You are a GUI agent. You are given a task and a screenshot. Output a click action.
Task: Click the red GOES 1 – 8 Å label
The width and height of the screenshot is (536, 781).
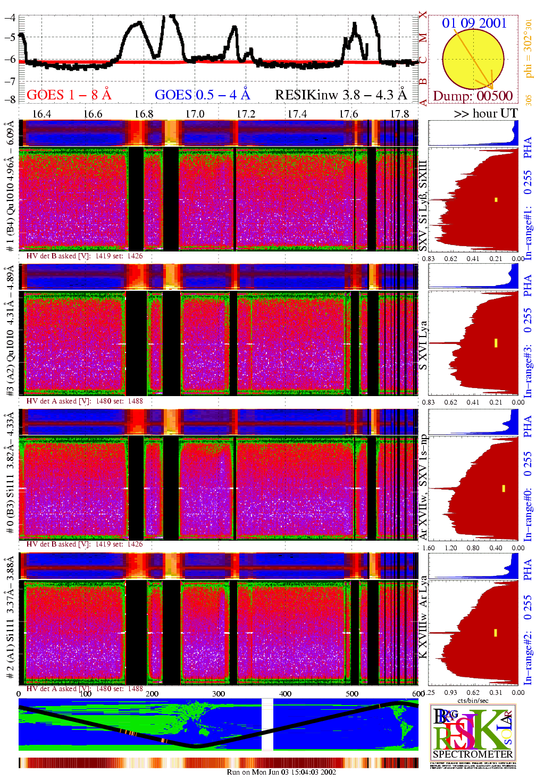coord(69,95)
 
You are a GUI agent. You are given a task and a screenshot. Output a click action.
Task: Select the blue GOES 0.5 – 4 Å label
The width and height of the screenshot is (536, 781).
coord(202,95)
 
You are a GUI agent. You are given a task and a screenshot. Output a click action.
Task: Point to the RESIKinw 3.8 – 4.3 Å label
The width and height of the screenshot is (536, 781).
coord(340,95)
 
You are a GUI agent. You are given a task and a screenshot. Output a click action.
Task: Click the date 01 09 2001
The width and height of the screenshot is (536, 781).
coord(474,23)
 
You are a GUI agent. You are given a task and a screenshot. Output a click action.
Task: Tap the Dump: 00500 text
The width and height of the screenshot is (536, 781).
coord(473,96)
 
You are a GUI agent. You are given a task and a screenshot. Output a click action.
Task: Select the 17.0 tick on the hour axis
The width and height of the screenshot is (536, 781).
coord(195,114)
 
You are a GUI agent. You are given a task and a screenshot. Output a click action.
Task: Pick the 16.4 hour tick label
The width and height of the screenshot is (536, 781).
coord(41,114)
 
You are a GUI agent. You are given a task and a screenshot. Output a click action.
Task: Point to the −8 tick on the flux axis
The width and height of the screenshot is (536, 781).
coord(10,99)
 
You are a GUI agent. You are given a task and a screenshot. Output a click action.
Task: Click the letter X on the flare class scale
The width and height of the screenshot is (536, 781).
coord(423,15)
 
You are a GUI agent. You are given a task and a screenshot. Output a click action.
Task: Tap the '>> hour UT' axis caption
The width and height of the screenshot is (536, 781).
coord(485,113)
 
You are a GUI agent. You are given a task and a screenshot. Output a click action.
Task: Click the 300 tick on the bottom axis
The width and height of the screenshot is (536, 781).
coord(219,693)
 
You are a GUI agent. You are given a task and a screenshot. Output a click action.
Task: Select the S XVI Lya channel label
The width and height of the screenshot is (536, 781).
coord(423,346)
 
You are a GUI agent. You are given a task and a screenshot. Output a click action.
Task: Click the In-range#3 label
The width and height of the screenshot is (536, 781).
coord(527,372)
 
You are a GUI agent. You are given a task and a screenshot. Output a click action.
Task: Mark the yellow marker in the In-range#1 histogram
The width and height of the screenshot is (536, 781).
coord(496,200)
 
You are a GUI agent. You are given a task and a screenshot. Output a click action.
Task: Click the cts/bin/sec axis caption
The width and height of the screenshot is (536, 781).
coord(473,700)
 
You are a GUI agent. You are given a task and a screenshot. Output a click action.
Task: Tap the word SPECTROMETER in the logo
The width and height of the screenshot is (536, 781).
coord(473,754)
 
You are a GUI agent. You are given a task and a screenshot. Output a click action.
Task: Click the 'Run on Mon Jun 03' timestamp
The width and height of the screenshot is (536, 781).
coord(281,772)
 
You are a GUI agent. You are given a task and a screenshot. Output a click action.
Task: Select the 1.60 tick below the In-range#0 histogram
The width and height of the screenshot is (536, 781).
coord(428,548)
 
